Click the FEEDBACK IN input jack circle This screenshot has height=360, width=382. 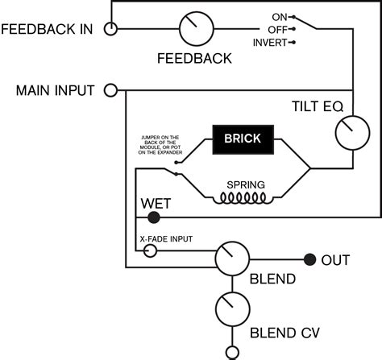pyautogui.click(x=111, y=29)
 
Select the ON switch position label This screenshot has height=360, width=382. pyautogui.click(x=280, y=16)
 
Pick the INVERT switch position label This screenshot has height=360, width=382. pyautogui.click(x=270, y=42)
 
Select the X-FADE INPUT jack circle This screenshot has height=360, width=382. pyautogui.click(x=150, y=251)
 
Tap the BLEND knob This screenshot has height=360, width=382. pyautogui.click(x=232, y=259)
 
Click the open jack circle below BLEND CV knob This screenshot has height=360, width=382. pyautogui.click(x=232, y=351)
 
